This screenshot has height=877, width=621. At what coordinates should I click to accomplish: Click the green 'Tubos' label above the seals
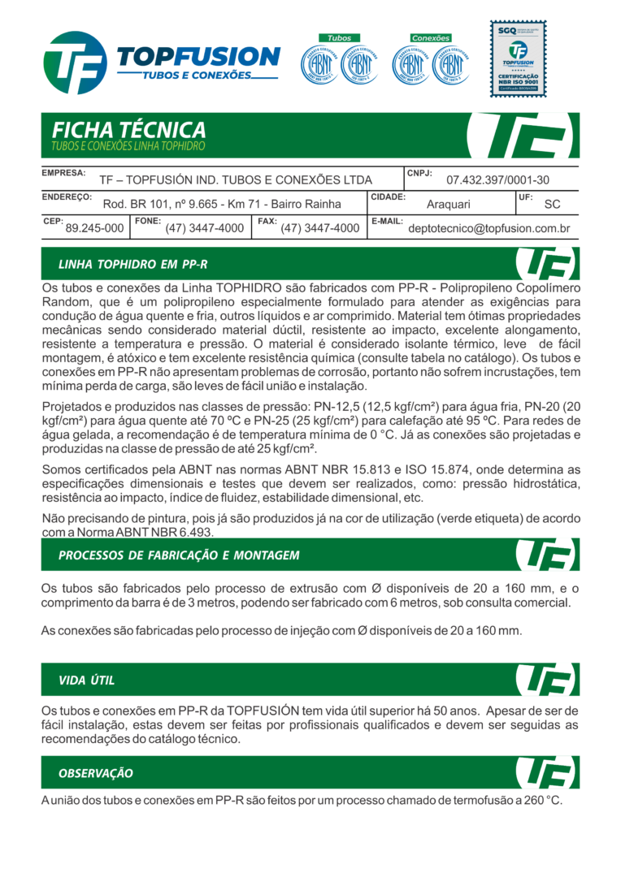(339, 38)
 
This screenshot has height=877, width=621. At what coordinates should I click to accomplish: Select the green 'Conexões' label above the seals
(430, 38)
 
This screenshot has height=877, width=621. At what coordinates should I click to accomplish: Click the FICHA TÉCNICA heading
(128, 130)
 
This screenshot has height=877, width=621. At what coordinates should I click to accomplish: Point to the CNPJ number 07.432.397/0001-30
(497, 180)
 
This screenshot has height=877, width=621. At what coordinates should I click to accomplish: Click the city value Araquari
(449, 205)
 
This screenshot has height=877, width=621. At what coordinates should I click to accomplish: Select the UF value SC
(552, 205)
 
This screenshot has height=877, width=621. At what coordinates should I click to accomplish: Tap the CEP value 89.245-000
(94, 229)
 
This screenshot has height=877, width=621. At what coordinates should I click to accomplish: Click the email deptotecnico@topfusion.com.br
(489, 229)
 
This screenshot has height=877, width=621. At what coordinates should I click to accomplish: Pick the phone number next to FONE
(204, 229)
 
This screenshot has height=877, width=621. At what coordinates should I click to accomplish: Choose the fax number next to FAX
(319, 229)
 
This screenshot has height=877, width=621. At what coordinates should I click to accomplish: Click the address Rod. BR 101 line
(222, 205)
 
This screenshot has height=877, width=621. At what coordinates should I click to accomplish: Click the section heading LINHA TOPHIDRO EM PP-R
(132, 265)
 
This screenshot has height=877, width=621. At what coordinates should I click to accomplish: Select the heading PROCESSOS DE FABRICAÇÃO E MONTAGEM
(179, 555)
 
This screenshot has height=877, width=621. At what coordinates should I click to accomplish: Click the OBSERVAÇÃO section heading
(96, 773)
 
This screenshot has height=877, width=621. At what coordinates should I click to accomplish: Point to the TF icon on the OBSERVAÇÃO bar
(546, 772)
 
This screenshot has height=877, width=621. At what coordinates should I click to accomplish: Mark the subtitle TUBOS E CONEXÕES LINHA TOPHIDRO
(128, 147)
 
